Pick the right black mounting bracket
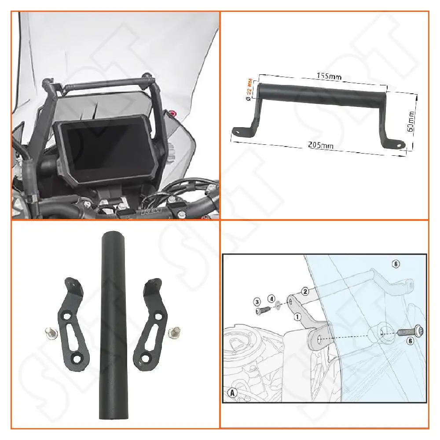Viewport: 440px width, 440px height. (154, 321)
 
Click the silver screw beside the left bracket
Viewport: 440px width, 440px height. (49, 333)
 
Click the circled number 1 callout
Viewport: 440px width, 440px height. (297, 316)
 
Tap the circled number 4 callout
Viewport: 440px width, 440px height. (272, 298)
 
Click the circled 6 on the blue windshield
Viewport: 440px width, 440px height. (396, 264)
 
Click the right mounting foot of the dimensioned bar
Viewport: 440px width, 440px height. (397, 144)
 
